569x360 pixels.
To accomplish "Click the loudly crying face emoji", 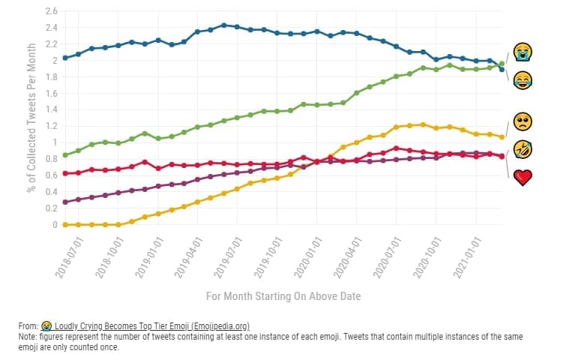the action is [523, 52].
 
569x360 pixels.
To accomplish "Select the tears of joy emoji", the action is [523, 80].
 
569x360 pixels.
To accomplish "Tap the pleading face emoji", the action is [523, 121].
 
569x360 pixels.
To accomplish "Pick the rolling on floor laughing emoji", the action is [523, 149].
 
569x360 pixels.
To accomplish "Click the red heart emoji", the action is [523, 178].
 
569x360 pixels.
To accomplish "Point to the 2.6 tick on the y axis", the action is [52, 11].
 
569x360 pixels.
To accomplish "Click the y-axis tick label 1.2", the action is [52, 126].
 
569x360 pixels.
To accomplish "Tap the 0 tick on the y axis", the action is [55, 225].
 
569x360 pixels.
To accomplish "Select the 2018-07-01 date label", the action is [69, 258].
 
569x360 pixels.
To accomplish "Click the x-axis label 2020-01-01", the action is [308, 258].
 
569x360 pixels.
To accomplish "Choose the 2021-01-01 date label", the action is [467, 258].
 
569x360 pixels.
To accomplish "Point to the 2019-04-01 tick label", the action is [189, 258].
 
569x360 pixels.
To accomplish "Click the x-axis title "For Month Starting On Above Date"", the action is [283, 296].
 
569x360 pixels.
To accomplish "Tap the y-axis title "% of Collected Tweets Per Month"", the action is [31, 118].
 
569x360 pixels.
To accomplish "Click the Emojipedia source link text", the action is [152, 326].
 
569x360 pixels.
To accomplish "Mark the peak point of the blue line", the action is [224, 25].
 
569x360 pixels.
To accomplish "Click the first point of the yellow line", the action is [65, 225].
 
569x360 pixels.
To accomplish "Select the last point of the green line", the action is [502, 64].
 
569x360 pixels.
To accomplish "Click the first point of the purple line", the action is [65, 202].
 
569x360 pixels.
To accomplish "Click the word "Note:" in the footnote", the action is [28, 337].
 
